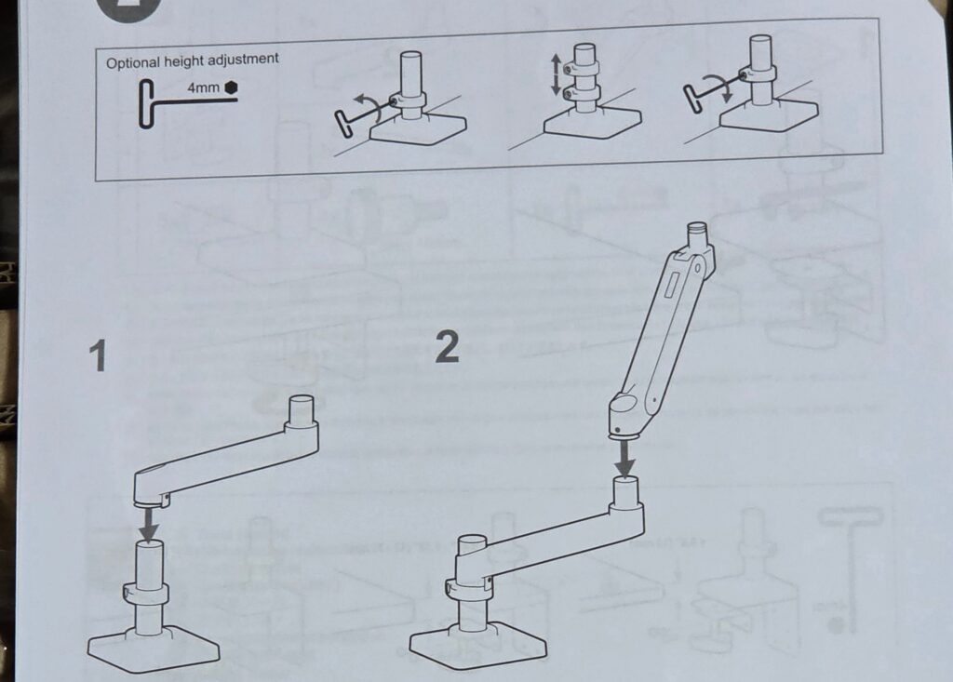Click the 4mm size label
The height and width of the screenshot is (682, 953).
203,87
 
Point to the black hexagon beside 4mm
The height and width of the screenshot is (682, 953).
231,87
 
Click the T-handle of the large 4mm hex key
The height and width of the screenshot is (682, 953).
145,104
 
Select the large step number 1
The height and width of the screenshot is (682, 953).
97,356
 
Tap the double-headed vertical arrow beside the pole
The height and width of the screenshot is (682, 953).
556,74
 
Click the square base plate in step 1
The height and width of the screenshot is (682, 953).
154,648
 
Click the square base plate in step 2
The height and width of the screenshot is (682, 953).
477,644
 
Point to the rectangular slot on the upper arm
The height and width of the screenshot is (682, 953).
672,285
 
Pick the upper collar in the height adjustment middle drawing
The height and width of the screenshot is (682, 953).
583,68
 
